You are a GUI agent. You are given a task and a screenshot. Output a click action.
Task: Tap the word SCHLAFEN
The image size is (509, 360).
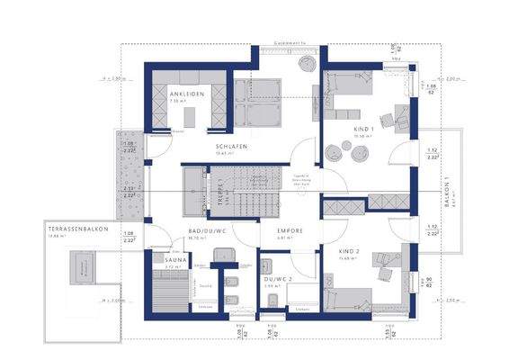pyautogui.click(x=230, y=146)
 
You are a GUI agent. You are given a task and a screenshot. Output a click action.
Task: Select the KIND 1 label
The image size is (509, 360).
pyautogui.click(x=344, y=131)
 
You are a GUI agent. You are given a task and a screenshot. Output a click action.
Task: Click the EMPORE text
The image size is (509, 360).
pyautogui.click(x=290, y=231)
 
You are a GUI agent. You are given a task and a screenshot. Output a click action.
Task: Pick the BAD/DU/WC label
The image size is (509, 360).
pyautogui.click(x=205, y=231)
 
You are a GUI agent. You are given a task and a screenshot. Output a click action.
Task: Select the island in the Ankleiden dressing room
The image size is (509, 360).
pyautogui.click(x=190, y=116)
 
